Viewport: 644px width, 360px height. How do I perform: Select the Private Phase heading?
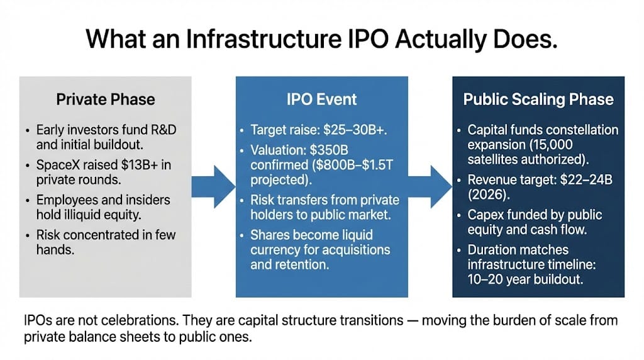[x=106, y=99]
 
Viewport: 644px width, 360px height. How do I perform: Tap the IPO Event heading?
[x=321, y=99]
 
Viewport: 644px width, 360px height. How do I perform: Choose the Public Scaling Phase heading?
[x=538, y=99]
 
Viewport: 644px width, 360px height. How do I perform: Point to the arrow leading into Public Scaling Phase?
[x=430, y=186]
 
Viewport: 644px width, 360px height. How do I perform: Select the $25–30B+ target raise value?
[x=355, y=130]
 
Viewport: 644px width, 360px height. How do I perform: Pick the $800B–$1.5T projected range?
[x=352, y=165]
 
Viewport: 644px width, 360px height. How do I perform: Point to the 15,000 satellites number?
[x=552, y=145]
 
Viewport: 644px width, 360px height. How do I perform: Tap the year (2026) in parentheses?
[x=489, y=194]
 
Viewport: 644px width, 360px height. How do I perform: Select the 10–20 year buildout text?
[x=525, y=279]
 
